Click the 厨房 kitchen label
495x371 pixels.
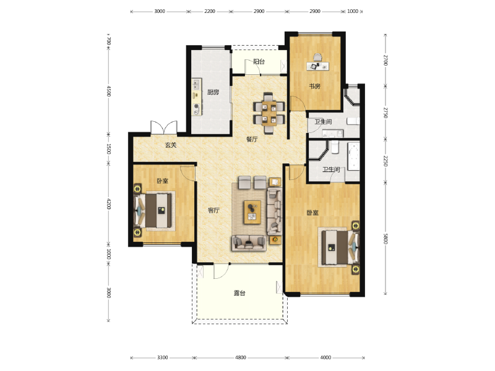click(x=213, y=92)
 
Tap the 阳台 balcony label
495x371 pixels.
click(x=259, y=61)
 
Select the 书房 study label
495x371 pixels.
click(x=314, y=86)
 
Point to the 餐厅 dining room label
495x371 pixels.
click(x=252, y=139)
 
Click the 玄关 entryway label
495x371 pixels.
click(x=171, y=145)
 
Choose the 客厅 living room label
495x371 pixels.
click(x=213, y=210)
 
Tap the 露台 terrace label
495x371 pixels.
click(x=239, y=293)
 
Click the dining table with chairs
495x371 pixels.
click(x=269, y=113)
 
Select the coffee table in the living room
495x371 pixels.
click(x=252, y=212)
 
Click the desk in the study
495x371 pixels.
click(x=317, y=66)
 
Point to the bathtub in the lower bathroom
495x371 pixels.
click(x=353, y=156)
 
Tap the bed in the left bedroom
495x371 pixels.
click(x=153, y=210)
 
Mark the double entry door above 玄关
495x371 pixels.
click(x=164, y=127)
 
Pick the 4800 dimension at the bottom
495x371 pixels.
click(x=241, y=357)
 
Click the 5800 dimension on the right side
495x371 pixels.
click(x=385, y=239)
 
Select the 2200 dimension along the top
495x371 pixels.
click(x=210, y=11)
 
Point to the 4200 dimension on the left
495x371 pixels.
click(x=108, y=204)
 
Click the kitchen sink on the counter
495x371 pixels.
click(x=196, y=84)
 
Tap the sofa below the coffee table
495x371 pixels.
click(x=249, y=243)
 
